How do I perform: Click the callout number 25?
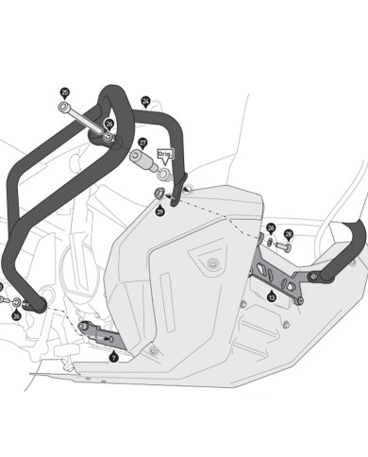point(65,93)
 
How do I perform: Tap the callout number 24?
point(145,100)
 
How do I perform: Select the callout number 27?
point(142,144)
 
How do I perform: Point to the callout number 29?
point(159,212)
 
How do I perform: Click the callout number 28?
point(288,233)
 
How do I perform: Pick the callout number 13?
point(272,296)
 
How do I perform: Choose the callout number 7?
point(113,357)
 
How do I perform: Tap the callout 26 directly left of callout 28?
point(271,228)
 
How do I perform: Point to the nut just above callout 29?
point(159,195)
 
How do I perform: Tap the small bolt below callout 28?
point(284,247)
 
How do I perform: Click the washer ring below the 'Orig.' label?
point(165,174)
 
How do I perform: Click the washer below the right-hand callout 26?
point(271,243)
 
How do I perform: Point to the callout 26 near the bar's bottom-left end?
point(16,314)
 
